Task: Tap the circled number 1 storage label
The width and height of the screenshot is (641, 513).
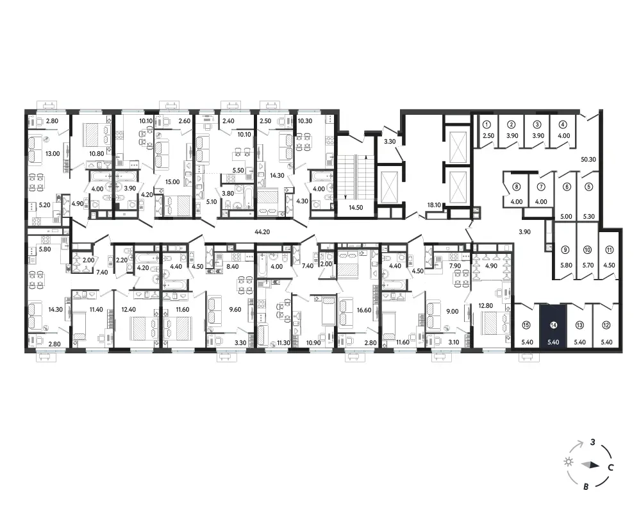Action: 487,124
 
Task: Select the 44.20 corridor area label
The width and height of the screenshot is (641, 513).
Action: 262,232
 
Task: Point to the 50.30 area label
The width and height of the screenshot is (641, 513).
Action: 588,160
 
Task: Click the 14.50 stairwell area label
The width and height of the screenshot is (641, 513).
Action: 356,207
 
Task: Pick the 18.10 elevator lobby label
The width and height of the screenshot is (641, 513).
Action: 434,205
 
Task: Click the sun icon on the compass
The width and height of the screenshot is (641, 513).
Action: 568,462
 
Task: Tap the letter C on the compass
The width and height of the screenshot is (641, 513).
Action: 610,467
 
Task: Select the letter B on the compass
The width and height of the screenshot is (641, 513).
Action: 586,487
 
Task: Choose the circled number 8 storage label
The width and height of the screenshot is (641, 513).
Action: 517,187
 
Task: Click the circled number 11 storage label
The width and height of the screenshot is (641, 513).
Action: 609,250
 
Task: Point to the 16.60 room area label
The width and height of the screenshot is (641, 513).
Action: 364,310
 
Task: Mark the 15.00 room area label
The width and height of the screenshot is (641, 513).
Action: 172,182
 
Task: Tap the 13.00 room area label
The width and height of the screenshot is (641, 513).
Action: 53,154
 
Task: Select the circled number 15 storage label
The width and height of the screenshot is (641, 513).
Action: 526,325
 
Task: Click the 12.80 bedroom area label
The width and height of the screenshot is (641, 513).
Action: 486,306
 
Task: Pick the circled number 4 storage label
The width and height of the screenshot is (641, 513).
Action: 563,124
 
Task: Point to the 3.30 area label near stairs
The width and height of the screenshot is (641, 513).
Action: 390,142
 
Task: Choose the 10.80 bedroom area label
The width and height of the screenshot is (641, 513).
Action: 96,154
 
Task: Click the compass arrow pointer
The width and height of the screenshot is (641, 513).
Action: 590,465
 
